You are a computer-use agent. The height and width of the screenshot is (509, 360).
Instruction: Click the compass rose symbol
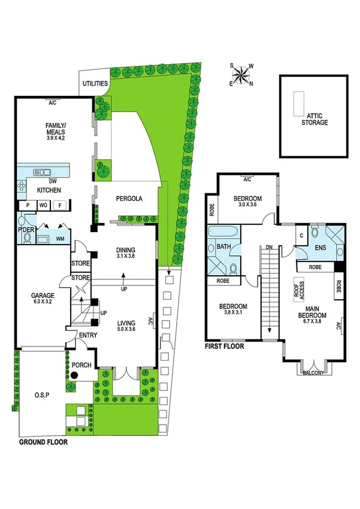[x=242, y=74]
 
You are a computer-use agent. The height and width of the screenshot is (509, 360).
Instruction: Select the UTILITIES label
[x=95, y=84]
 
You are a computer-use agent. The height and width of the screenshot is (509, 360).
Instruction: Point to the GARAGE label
[x=43, y=295]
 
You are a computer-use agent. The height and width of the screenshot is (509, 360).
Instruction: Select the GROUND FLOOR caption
[x=43, y=442]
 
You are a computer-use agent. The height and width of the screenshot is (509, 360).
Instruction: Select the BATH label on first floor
[x=224, y=246]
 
